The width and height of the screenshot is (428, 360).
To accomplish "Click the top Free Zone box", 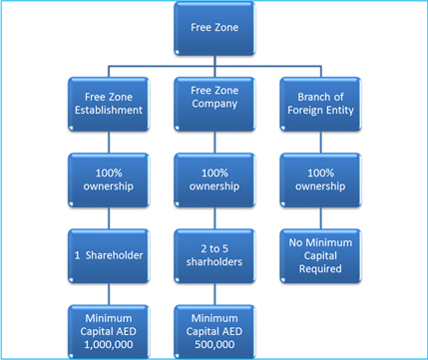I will pos(213,26).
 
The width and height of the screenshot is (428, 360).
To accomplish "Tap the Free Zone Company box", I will pos(213,101).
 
